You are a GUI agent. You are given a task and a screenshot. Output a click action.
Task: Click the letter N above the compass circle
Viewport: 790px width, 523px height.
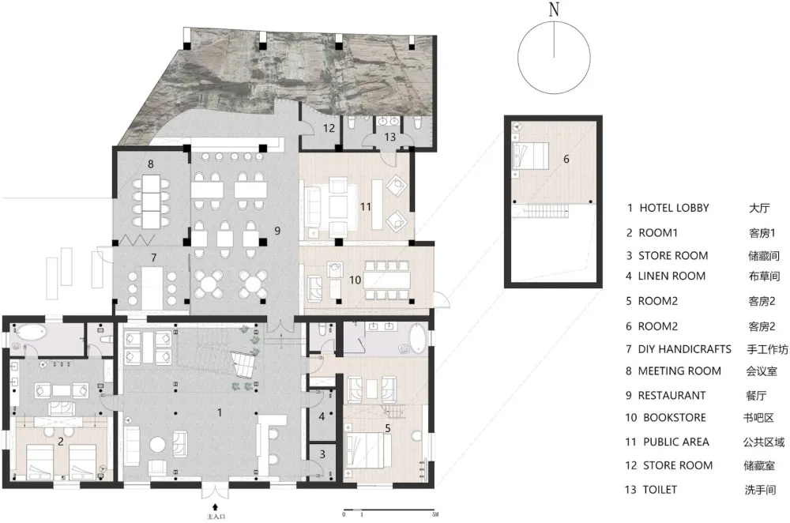(555, 9)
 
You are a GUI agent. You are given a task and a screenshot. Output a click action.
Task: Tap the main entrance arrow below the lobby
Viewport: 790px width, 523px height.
(216, 507)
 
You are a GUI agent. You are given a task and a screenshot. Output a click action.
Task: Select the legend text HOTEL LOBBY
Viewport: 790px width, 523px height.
(674, 208)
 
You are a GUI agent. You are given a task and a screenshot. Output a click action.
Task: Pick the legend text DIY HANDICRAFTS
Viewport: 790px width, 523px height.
(684, 349)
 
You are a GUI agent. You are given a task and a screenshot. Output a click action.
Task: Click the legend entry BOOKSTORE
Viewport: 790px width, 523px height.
(675, 418)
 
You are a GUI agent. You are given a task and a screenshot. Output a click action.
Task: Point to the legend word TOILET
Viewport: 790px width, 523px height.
(660, 489)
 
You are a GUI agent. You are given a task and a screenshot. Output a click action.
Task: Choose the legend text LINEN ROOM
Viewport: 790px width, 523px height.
(671, 276)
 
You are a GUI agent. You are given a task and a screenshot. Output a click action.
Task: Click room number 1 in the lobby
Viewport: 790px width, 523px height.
(219, 412)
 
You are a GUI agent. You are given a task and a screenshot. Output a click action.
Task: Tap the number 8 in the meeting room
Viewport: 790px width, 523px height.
(151, 164)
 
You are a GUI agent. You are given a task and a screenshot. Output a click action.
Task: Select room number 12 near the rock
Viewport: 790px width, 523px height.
(329, 128)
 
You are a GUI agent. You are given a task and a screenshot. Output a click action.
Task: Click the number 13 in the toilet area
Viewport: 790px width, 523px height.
(390, 137)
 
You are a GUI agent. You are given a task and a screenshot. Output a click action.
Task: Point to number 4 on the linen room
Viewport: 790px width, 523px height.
(322, 416)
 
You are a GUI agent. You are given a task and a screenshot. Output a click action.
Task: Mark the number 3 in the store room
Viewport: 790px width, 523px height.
(322, 454)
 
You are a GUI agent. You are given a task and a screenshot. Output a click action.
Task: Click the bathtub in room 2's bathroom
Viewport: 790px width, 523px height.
(31, 332)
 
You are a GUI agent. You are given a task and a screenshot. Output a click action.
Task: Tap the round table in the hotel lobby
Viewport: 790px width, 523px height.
(158, 445)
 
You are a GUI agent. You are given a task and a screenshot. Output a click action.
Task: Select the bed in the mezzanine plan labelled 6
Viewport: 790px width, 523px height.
(531, 155)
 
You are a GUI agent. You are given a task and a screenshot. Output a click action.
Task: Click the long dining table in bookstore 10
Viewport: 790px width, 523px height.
(386, 280)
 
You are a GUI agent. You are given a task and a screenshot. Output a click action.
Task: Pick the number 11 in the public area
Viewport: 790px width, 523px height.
(365, 206)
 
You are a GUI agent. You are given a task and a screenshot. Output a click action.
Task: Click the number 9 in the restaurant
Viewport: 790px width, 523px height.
(277, 231)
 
